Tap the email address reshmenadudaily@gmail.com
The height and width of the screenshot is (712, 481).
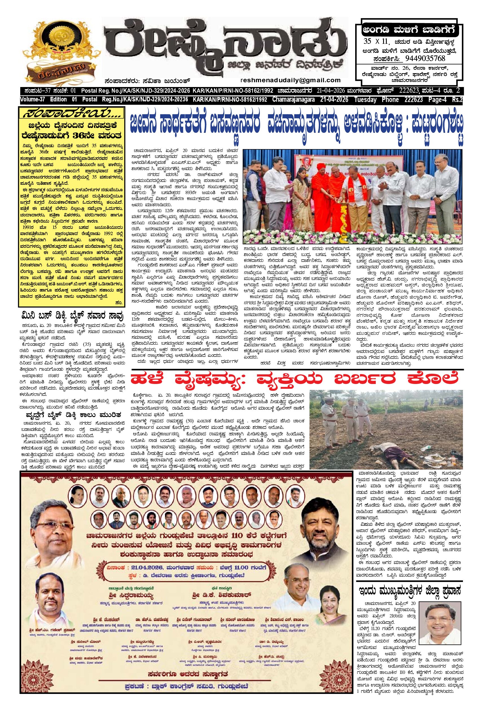coord(291,80)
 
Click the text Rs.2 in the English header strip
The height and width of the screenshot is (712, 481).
coord(458,100)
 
